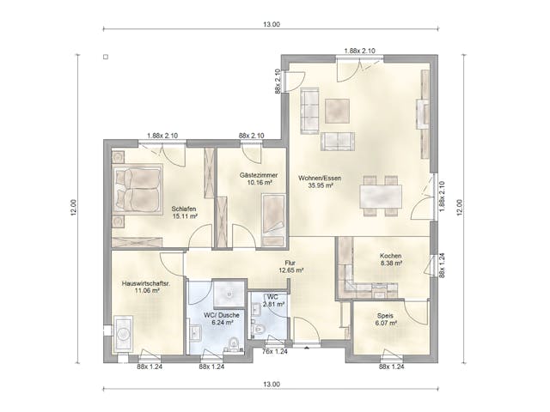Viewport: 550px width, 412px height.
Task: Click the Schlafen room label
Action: point(184,209)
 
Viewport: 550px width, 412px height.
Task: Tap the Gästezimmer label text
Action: point(256,174)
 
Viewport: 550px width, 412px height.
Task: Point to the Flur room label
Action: point(291,263)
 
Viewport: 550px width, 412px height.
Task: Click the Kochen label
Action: point(391,256)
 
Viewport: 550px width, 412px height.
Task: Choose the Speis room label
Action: point(386,315)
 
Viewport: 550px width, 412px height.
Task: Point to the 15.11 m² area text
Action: point(184,217)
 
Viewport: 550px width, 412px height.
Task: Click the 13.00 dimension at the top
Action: point(272,24)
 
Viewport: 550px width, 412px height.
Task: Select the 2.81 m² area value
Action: point(273,304)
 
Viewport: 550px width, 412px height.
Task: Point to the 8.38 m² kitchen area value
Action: point(391,264)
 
